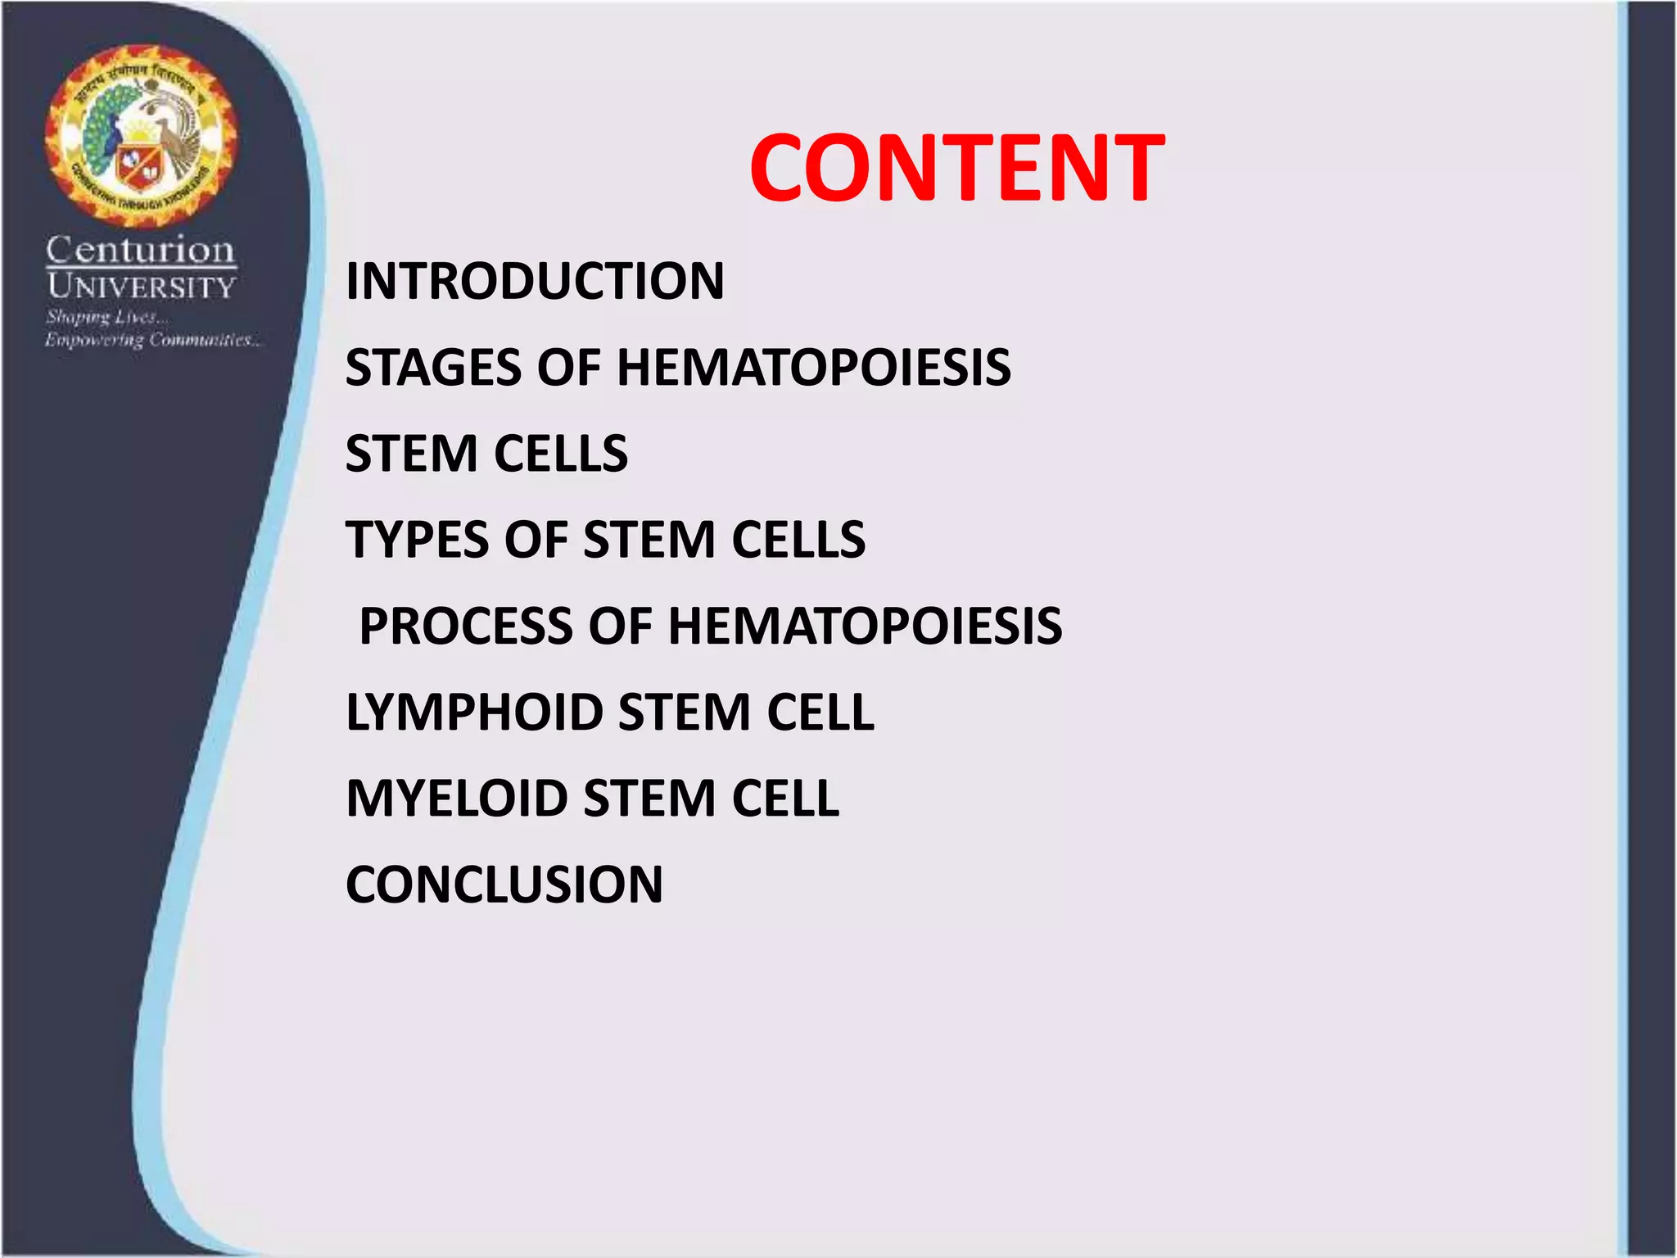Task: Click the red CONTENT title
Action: coord(956,168)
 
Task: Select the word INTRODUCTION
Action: coord(535,281)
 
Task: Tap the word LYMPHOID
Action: coord(473,712)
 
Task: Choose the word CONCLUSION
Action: coord(504,885)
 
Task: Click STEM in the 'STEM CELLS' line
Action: coord(411,454)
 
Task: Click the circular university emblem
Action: coord(141,135)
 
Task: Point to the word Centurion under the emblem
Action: coord(140,250)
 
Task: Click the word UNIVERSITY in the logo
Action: coord(141,287)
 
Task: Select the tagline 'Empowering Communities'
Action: coord(154,340)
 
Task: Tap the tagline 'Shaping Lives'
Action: coord(107,317)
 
